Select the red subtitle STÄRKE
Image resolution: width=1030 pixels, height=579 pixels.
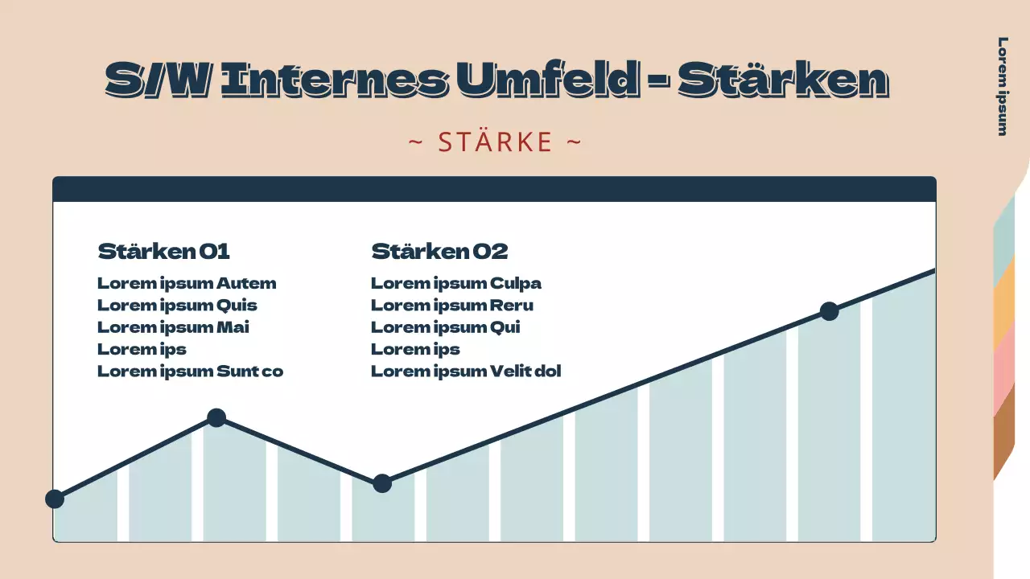pyautogui.click(x=495, y=142)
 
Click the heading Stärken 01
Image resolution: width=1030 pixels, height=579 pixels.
pyautogui.click(x=163, y=252)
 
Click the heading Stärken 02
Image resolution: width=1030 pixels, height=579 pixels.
pyautogui.click(x=439, y=252)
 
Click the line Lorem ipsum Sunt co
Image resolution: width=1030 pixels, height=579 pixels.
pyautogui.click(x=190, y=372)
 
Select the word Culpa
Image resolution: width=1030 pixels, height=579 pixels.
pyautogui.click(x=516, y=283)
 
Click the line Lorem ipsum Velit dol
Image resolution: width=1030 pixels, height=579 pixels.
pyautogui.click(x=465, y=372)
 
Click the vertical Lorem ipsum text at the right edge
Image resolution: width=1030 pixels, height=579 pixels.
pyautogui.click(x=1003, y=86)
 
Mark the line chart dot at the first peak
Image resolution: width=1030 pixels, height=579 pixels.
pyautogui.click(x=216, y=417)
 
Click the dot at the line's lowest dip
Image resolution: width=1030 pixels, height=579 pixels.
pyautogui.click(x=382, y=483)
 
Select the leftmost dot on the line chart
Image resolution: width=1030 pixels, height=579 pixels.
pyautogui.click(x=55, y=499)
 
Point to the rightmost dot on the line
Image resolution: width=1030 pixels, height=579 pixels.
pyautogui.click(x=829, y=311)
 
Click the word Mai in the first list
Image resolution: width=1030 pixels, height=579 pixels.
pyautogui.click(x=233, y=327)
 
